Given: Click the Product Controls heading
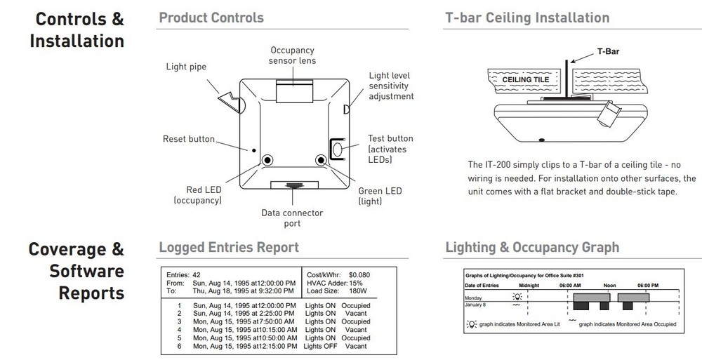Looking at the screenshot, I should click(211, 17).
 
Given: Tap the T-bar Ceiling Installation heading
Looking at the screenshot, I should click(527, 17).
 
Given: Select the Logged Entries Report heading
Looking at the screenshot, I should click(229, 247).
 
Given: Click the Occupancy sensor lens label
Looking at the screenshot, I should click(293, 55).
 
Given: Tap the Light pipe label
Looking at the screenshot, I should click(186, 67).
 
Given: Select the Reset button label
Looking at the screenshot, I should click(189, 140).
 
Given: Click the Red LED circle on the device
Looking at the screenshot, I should click(267, 161).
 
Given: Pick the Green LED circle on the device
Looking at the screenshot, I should click(322, 161).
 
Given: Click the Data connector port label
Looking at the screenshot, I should click(291, 218).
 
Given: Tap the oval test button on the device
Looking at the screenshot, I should click(337, 149).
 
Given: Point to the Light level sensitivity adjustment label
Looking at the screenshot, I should click(391, 86).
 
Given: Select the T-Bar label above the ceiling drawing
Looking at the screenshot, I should click(608, 51).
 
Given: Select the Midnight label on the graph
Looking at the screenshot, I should click(529, 286).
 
